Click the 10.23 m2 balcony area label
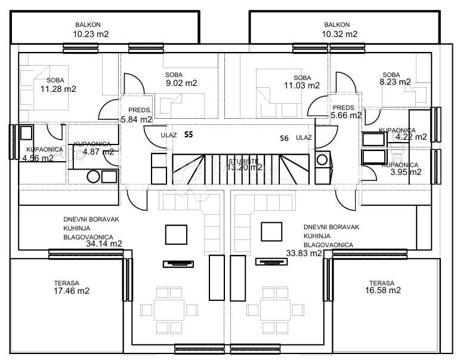coord(91,35)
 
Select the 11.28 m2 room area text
coord(58,89)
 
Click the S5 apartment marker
coord(189,135)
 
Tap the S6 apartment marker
coord(285,138)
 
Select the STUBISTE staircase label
coord(243,161)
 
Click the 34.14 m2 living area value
coord(104,244)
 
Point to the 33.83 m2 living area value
coord(304,253)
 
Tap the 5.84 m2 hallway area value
coord(137,119)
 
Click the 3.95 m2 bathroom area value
coord(405,172)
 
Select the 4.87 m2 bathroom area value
coord(99,152)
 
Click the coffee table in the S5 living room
coord(176,233)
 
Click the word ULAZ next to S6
coord(304,137)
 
